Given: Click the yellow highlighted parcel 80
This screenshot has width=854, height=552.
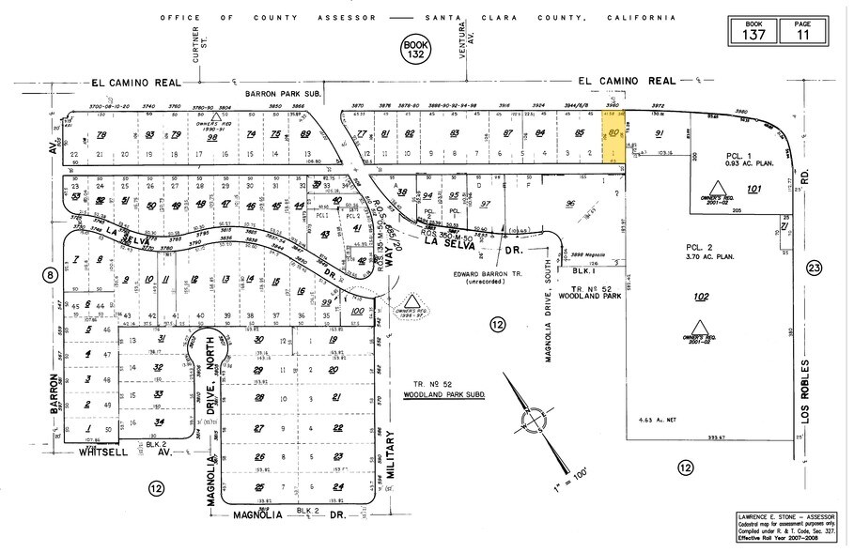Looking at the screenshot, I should [x=614, y=139].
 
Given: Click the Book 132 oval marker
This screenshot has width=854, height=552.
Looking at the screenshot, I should [x=413, y=50].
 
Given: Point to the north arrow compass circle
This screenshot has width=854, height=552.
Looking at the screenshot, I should [x=535, y=416].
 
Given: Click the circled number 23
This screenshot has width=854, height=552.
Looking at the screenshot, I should [x=815, y=268].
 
